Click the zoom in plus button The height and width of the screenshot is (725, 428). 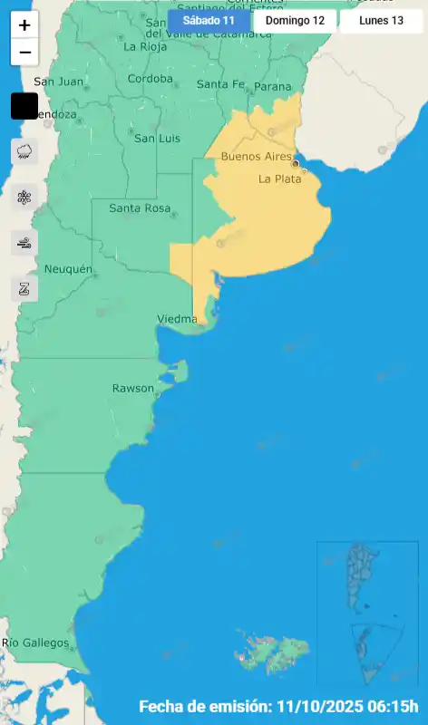tap(24, 25)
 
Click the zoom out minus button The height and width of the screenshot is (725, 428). tap(24, 53)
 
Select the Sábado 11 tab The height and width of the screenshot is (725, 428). tap(209, 20)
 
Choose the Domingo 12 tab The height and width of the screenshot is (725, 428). tap(295, 20)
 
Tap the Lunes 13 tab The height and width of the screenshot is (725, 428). tap(381, 20)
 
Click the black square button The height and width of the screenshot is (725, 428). tap(24, 106)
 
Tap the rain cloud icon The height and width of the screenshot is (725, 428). tap(24, 151)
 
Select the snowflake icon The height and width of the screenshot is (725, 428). tap(24, 198)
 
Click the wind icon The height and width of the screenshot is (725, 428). tap(24, 243)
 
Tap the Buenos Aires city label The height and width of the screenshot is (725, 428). tap(257, 157)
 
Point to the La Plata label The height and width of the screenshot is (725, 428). tap(279, 179)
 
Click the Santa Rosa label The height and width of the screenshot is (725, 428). tap(140, 208)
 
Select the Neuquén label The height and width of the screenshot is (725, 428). tap(68, 269)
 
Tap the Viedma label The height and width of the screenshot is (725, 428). tap(177, 319)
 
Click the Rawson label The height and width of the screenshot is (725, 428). tap(132, 388)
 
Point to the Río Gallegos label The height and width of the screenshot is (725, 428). tap(35, 643)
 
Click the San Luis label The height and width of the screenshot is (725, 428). tap(157, 139)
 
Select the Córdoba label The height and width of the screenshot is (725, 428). tap(151, 79)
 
